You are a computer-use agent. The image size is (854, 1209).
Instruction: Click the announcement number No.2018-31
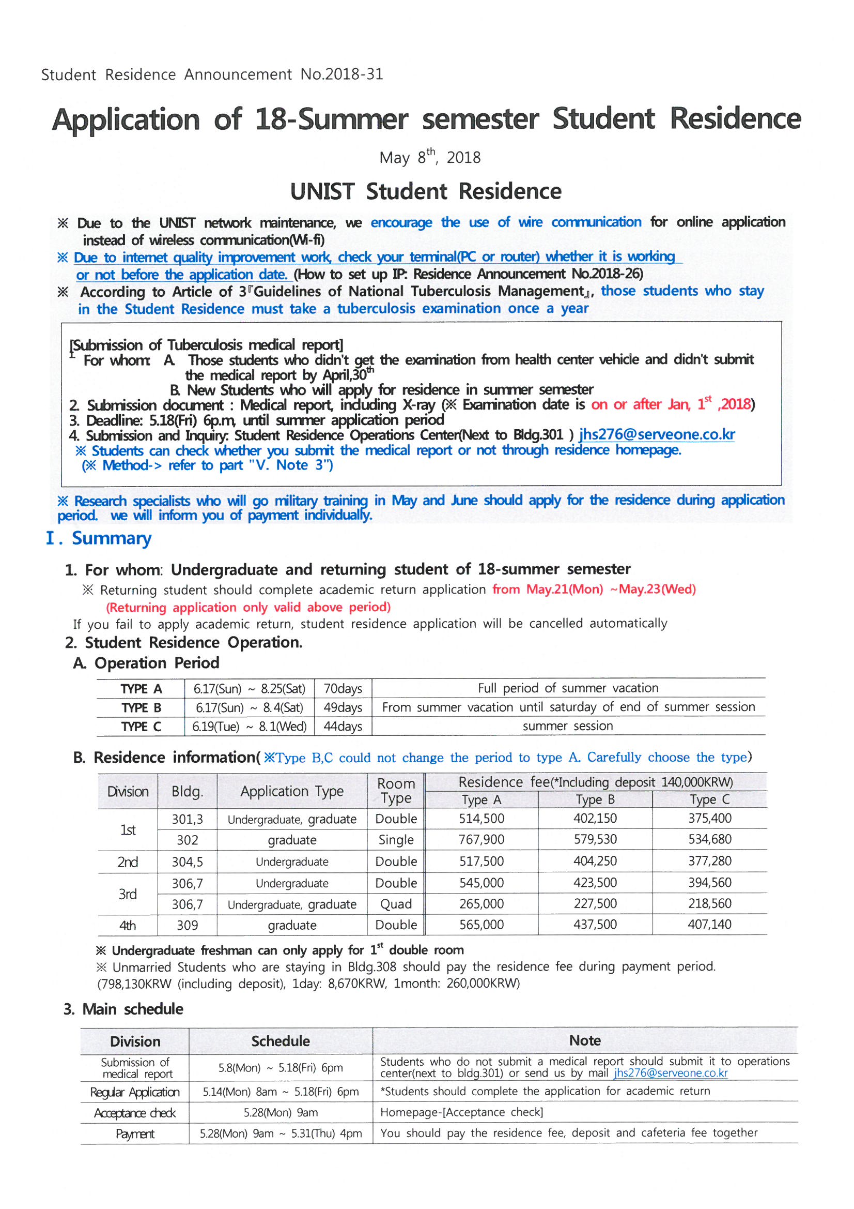coord(341,74)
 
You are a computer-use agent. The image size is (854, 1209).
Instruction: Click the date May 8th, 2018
coord(429,157)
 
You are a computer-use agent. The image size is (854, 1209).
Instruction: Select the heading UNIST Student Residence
coord(426,191)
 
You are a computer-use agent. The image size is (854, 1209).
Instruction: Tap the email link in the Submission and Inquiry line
coord(657,434)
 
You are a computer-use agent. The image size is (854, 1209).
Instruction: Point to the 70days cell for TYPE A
coord(343,689)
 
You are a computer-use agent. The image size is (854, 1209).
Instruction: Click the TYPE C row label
coord(141,727)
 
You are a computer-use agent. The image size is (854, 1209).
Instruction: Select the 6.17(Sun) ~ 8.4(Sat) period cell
coord(250,708)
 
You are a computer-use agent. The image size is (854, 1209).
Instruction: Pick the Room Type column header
coord(396,791)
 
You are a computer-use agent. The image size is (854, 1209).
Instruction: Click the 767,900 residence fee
coord(481,839)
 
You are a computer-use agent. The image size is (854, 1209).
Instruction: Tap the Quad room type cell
coord(396,904)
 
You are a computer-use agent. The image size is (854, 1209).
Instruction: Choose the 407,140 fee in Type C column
coord(709,924)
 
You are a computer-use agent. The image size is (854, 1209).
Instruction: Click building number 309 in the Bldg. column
coord(188,925)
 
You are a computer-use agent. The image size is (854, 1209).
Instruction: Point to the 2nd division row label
coord(127,862)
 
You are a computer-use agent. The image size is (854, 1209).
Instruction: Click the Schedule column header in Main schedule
coord(281,1041)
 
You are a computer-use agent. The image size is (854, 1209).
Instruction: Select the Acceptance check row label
coord(135,1113)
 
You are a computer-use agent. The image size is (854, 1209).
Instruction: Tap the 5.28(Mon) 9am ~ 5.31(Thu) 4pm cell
coord(281,1133)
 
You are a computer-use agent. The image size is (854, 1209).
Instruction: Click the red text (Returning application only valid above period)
coord(248,607)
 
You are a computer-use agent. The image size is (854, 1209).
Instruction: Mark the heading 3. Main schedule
coord(123,1009)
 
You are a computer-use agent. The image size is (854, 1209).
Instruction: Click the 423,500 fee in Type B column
coord(595,883)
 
